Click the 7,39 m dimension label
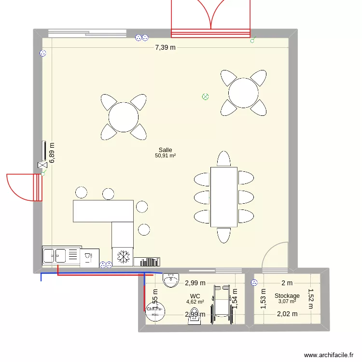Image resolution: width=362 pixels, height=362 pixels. pos(165,47)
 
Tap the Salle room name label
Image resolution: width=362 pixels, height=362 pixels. pos(165,150)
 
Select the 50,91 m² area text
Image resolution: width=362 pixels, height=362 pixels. pos(165,156)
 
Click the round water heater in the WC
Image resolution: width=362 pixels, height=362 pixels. pos(155,312)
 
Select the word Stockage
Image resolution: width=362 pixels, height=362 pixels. pos(287,296)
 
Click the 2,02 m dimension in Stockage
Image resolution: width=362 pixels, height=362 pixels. pos(287,314)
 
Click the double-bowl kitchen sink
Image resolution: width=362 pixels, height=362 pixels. pos(55,255)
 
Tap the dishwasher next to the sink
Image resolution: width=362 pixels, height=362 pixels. pos(89,257)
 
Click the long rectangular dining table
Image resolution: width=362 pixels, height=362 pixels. pos(223,196)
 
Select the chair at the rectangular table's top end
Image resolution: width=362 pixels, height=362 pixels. pos(223,159)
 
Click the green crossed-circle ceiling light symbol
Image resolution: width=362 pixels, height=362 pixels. pos(205,97)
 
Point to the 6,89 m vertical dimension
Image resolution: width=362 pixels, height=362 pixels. pos(51,153)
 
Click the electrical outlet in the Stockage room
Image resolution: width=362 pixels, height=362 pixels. pos(254,283)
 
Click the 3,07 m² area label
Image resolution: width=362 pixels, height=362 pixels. pos(287,302)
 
